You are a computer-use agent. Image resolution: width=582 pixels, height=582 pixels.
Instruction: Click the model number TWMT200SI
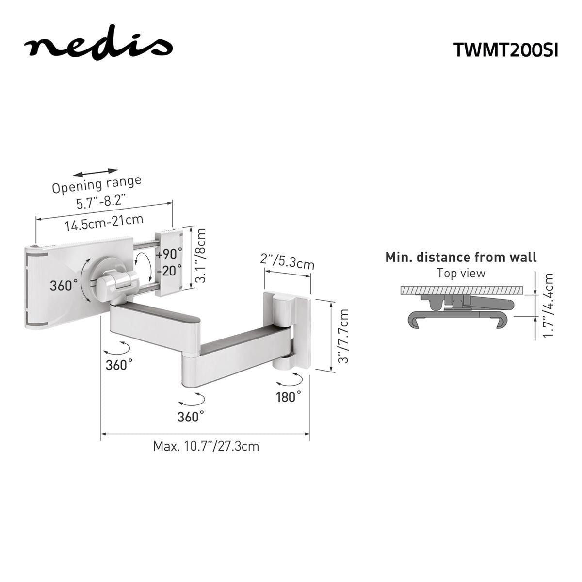point(505,49)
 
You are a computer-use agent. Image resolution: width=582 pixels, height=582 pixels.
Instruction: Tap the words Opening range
point(97,184)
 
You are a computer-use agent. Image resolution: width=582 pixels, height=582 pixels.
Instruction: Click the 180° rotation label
point(288,397)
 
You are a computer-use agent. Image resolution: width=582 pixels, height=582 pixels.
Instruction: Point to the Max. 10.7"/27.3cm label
point(206,446)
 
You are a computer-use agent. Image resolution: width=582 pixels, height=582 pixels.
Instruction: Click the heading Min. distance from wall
point(461,258)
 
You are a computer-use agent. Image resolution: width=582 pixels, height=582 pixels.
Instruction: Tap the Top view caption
point(461,273)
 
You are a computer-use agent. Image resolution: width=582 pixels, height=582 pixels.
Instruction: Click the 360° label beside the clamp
point(64,285)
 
